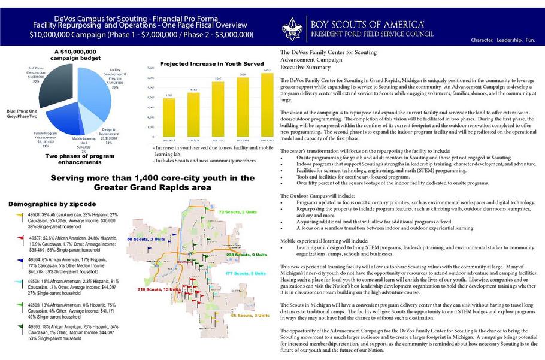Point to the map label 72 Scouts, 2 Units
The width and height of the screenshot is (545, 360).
238,212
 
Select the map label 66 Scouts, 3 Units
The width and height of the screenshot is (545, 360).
146,240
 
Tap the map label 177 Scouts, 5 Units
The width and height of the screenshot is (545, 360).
245,273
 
